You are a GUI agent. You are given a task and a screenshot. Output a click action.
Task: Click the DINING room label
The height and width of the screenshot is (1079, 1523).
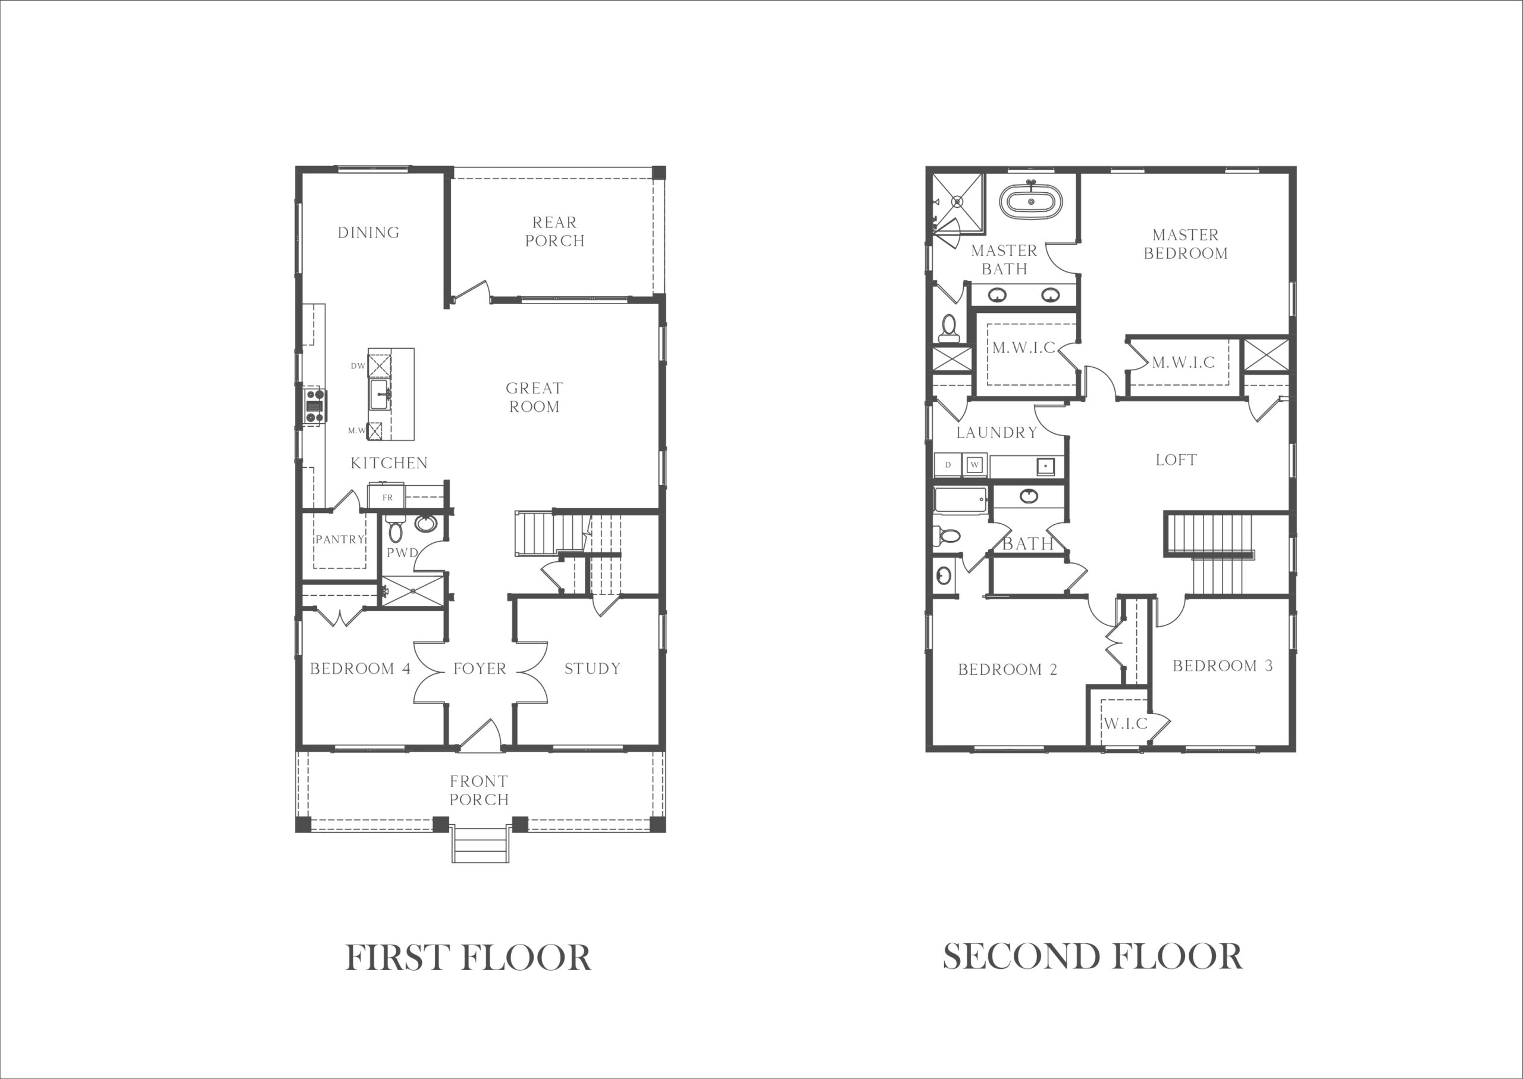pyautogui.click(x=369, y=233)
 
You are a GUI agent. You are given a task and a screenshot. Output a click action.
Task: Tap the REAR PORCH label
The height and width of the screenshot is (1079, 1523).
pyautogui.click(x=554, y=231)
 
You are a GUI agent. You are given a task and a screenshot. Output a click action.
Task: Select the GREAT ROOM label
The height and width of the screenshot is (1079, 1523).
pyautogui.click(x=534, y=398)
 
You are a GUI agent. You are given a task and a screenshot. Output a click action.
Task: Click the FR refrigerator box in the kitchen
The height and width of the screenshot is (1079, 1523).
pyautogui.click(x=386, y=496)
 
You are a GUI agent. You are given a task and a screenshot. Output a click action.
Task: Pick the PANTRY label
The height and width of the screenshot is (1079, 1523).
pyautogui.click(x=340, y=539)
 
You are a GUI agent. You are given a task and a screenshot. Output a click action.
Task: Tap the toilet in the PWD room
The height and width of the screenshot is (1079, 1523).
pyautogui.click(x=396, y=527)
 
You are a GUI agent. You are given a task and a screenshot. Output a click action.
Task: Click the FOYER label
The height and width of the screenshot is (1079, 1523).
pyautogui.click(x=480, y=668)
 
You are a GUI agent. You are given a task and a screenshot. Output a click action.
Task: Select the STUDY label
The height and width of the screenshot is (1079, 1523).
pyautogui.click(x=593, y=668)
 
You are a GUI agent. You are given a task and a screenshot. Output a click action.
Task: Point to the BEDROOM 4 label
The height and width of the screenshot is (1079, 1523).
pyautogui.click(x=360, y=668)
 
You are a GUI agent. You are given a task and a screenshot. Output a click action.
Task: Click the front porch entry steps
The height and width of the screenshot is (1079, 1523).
pyautogui.click(x=480, y=844)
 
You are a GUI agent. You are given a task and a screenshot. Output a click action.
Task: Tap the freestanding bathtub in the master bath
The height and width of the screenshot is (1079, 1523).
pyautogui.click(x=1031, y=201)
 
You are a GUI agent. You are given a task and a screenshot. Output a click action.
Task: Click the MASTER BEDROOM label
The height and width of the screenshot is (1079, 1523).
pyautogui.click(x=1186, y=244)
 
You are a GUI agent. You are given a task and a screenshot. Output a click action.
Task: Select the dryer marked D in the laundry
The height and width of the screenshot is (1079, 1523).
pyautogui.click(x=948, y=464)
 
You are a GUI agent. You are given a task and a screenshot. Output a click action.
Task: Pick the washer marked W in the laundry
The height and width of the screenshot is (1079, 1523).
pyautogui.click(x=974, y=464)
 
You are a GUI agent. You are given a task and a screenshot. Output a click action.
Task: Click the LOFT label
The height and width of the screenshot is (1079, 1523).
pyautogui.click(x=1176, y=460)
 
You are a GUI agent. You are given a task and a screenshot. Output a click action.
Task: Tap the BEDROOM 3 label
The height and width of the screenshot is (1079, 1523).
pyautogui.click(x=1223, y=666)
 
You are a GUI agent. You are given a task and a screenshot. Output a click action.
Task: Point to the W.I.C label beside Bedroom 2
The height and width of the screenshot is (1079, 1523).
pyautogui.click(x=1126, y=724)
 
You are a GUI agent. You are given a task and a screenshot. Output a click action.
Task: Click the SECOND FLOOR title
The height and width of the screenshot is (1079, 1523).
pyautogui.click(x=1093, y=957)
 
